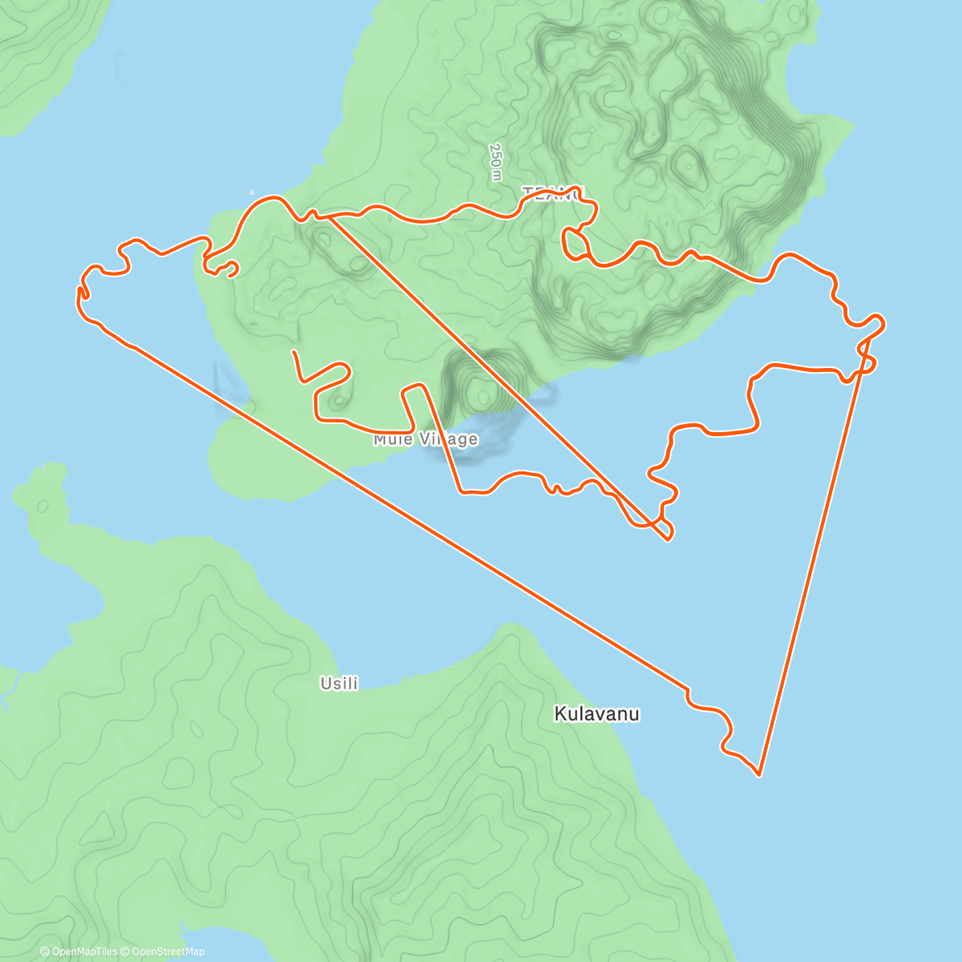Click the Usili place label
click(x=338, y=684)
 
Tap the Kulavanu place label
click(x=596, y=713)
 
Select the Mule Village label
click(x=426, y=439)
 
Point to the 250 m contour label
click(x=495, y=162)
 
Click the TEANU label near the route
click(x=552, y=192)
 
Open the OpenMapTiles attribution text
click(x=79, y=952)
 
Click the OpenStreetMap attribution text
click(x=167, y=952)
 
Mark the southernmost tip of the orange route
click(x=758, y=774)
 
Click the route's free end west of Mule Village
click(x=294, y=352)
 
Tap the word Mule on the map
click(x=391, y=439)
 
